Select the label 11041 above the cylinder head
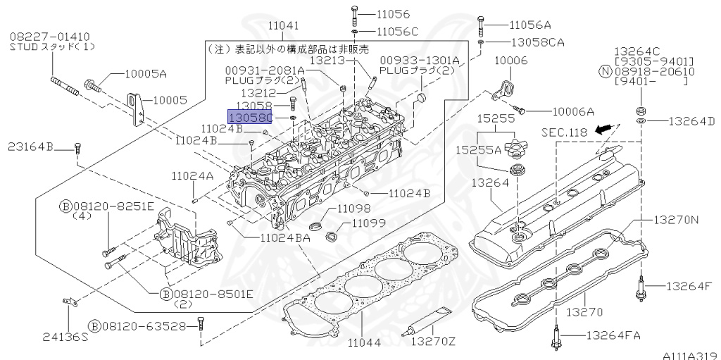pos(283,25)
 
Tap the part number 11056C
pos(397,32)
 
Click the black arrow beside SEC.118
pos(601,130)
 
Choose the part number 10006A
pos(573,111)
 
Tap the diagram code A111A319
pos(689,355)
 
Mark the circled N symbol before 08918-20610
pos(605,71)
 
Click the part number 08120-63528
pos(147,325)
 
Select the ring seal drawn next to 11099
pos(331,230)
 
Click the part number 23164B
pos(31,147)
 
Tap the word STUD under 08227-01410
pos(24,47)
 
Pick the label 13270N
pos(675,220)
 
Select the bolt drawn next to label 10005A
pos(93,86)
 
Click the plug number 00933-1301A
pos(420,61)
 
